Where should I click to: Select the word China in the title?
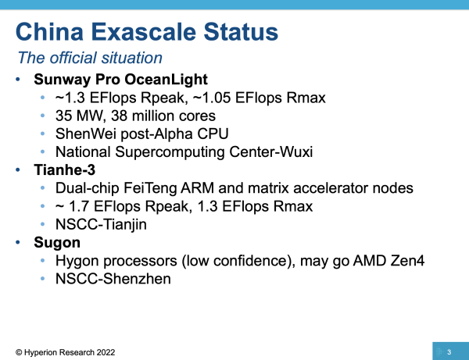coord(49,32)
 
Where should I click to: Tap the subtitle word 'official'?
coord(73,58)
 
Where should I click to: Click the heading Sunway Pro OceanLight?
coord(120,80)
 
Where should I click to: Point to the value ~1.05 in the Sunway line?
coord(212,98)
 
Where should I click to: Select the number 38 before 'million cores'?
coord(119,116)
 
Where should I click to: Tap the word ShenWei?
coord(85,134)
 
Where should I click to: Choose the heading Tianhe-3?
coord(65,170)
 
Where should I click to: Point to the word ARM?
coord(197,188)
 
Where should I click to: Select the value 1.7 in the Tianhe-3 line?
coord(79,206)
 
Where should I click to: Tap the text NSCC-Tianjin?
coord(101,225)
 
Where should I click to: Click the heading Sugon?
coord(57,243)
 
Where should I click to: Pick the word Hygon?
coord(77,261)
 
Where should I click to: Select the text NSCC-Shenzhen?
coord(113,279)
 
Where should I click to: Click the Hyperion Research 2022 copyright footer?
coord(65,352)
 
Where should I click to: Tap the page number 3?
coord(449,352)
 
